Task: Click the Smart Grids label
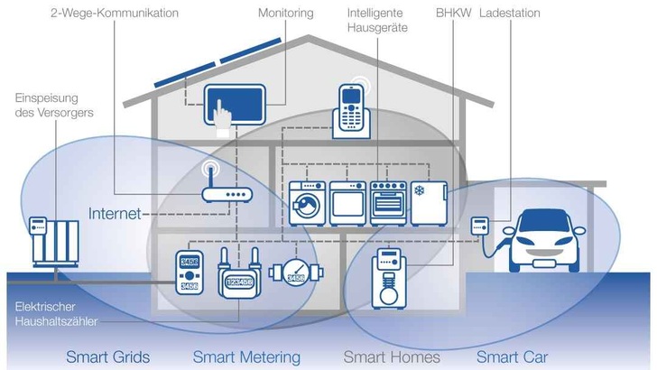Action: pyautogui.click(x=107, y=356)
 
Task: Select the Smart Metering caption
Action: pyautogui.click(x=246, y=356)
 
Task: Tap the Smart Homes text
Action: pyautogui.click(x=392, y=356)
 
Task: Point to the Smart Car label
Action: pyautogui.click(x=512, y=356)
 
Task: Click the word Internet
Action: pyautogui.click(x=115, y=214)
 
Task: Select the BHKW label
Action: pyautogui.click(x=451, y=14)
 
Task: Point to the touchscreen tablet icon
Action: pyautogui.click(x=233, y=106)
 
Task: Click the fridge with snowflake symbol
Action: pyautogui.click(x=429, y=202)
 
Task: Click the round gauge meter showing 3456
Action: pyautogui.click(x=294, y=273)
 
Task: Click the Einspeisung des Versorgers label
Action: pyautogui.click(x=53, y=105)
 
